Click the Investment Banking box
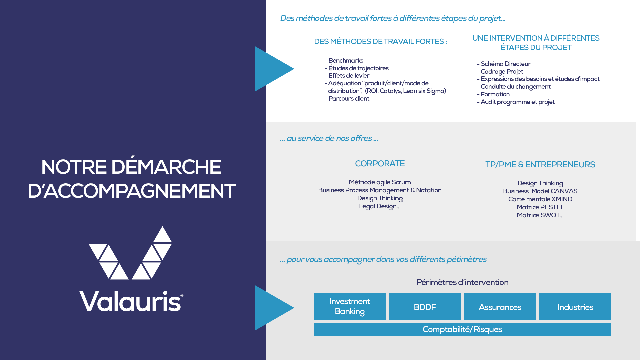pyautogui.click(x=349, y=306)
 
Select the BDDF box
pyautogui.click(x=424, y=307)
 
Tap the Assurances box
pyautogui.click(x=500, y=307)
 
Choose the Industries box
pyautogui.click(x=575, y=307)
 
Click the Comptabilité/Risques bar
pyautogui.click(x=462, y=330)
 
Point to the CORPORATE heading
pyautogui.click(x=380, y=164)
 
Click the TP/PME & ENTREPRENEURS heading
pyautogui.click(x=540, y=165)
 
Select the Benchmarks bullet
pyautogui.click(x=345, y=61)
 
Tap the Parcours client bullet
pyautogui.click(x=348, y=99)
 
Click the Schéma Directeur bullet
pyautogui.click(x=505, y=64)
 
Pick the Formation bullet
pyautogui.click(x=495, y=94)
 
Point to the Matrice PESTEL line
pyautogui.click(x=540, y=207)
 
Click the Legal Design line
pyautogui.click(x=380, y=206)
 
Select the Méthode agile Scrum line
pyautogui.click(x=380, y=182)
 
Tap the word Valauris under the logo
pyautogui.click(x=131, y=301)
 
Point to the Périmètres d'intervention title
pyautogui.click(x=462, y=282)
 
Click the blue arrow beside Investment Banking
pyautogui.click(x=272, y=308)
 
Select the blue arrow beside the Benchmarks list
pyautogui.click(x=272, y=69)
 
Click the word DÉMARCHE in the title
pyautogui.click(x=166, y=167)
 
